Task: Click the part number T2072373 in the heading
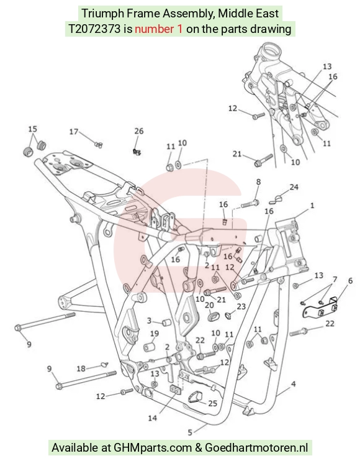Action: pyautogui.click(x=94, y=29)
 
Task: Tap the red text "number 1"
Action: pyautogui.click(x=158, y=29)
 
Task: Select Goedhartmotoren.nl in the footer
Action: pyautogui.click(x=256, y=447)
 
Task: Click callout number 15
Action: pyautogui.click(x=33, y=129)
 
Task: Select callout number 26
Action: pyautogui.click(x=139, y=131)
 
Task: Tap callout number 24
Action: pyautogui.click(x=294, y=187)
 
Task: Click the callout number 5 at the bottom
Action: pyautogui.click(x=190, y=432)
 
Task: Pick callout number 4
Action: pyautogui.click(x=293, y=384)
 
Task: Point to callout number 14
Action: pyautogui.click(x=153, y=418)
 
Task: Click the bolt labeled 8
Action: pyautogui.click(x=250, y=204)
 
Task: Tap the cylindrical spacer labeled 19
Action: pyautogui.click(x=150, y=346)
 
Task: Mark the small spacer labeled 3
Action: pyautogui.click(x=166, y=323)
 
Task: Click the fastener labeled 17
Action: pyautogui.click(x=99, y=144)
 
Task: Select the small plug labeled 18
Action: pyautogui.click(x=104, y=364)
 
